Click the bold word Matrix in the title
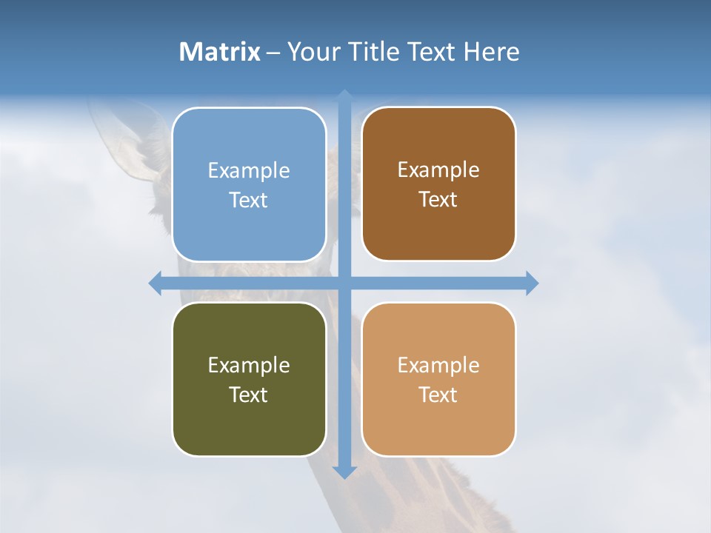point(220,52)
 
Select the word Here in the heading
point(491,52)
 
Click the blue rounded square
point(249,184)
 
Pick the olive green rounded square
point(249,379)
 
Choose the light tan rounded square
point(438,379)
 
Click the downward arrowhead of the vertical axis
point(344,472)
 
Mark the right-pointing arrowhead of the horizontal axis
point(532,283)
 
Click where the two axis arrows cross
point(344,283)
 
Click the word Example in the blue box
point(249,170)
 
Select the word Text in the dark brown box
point(438,199)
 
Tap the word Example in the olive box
point(249,365)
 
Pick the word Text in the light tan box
point(438,395)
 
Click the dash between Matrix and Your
point(274,52)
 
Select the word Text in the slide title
point(432,52)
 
